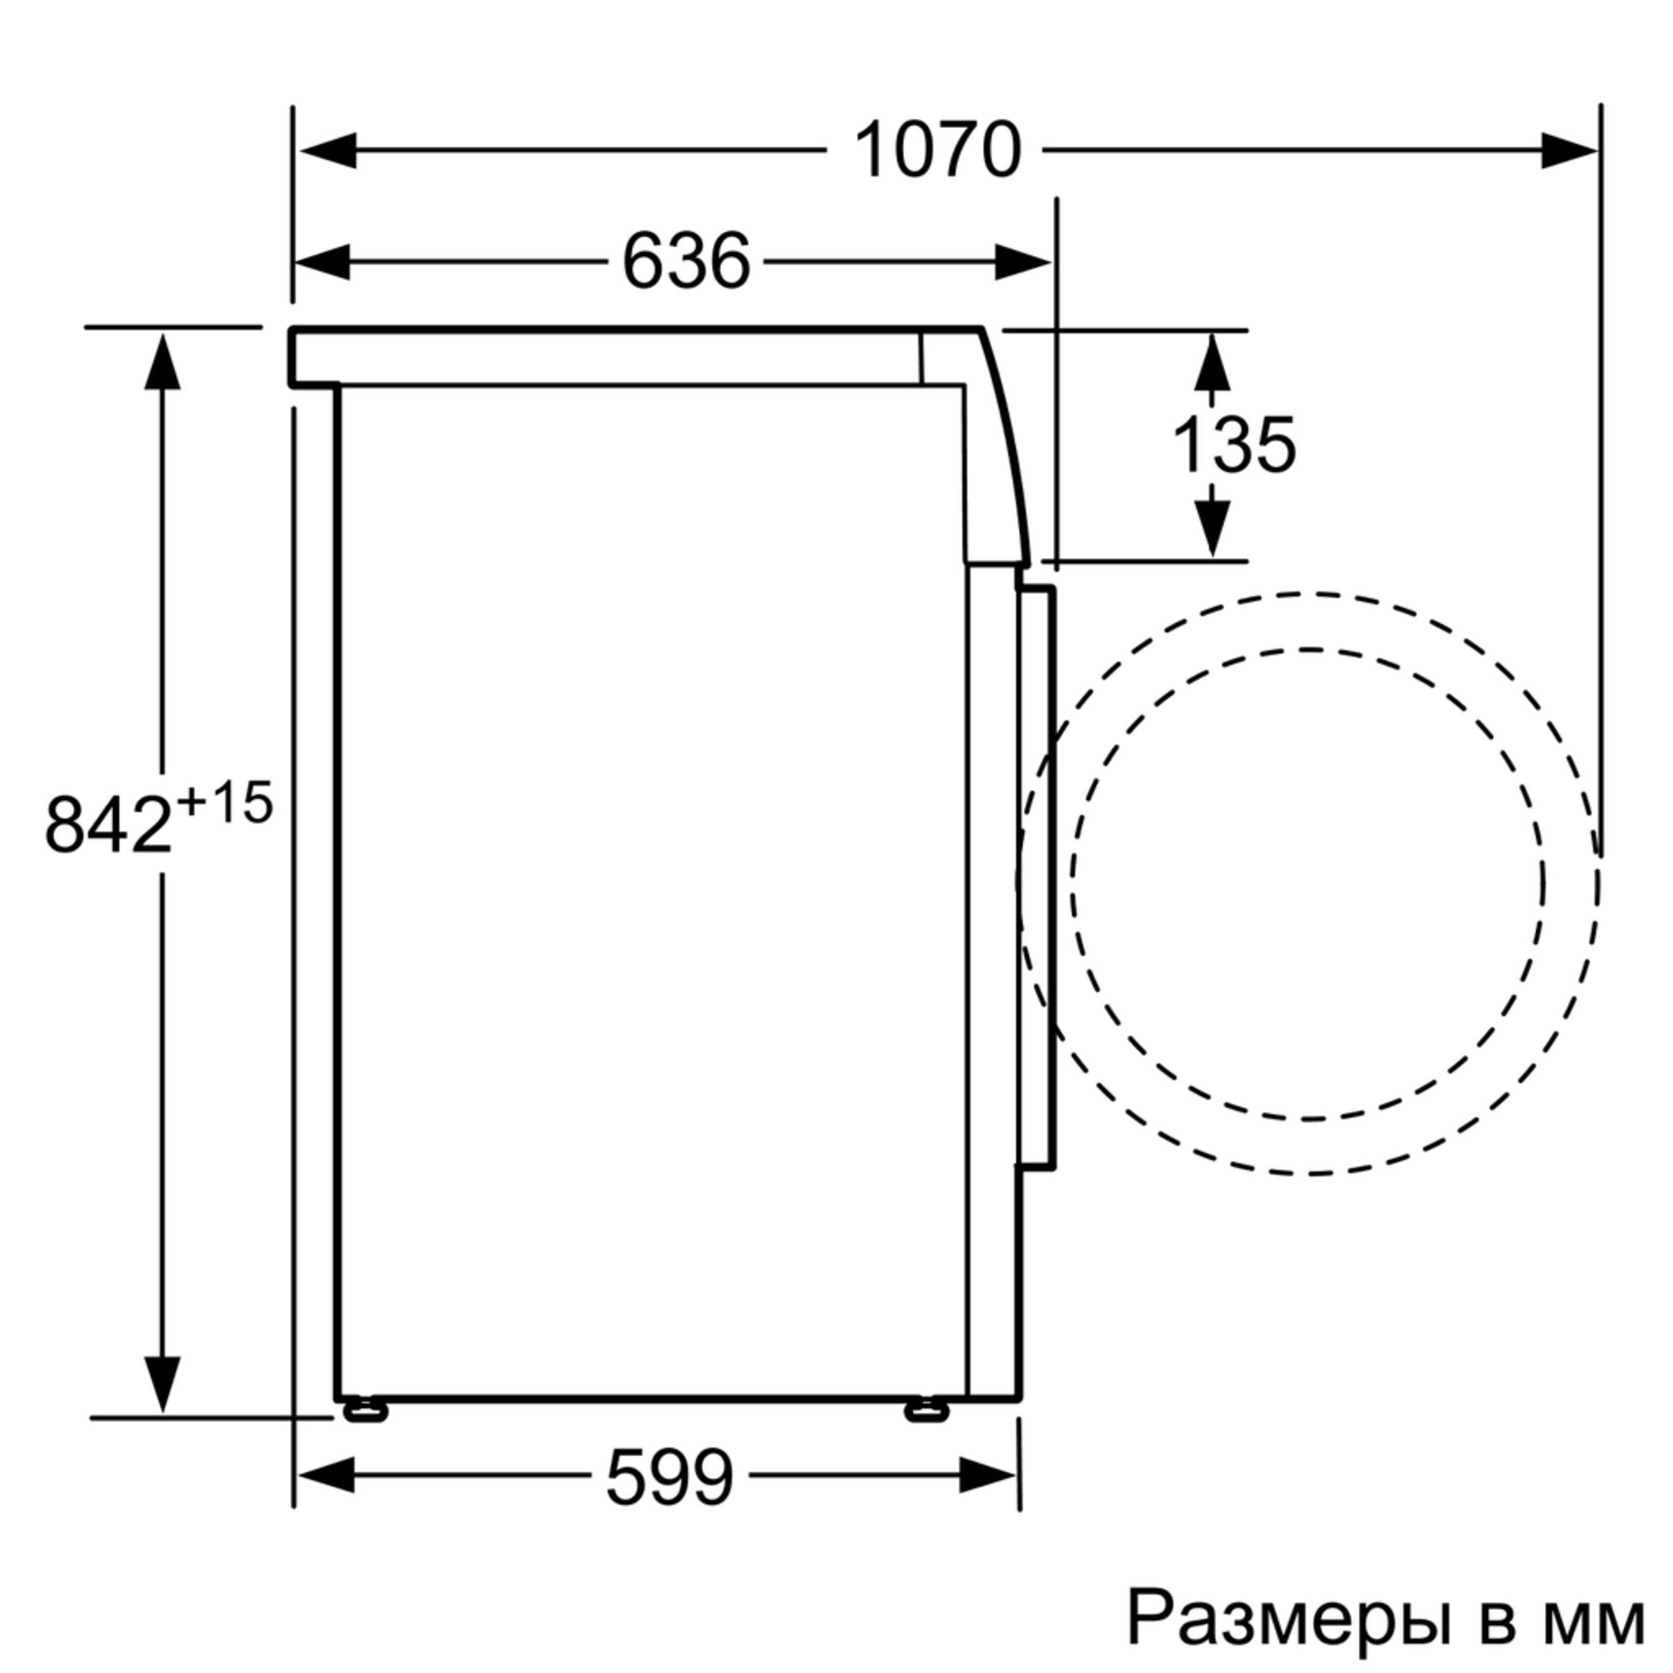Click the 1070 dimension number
pyautogui.click(x=937, y=151)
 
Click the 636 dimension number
pyautogui.click(x=686, y=262)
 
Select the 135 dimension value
pyautogui.click(x=1233, y=447)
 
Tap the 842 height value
pyautogui.click(x=108, y=826)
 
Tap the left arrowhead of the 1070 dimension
pyautogui.click(x=329, y=151)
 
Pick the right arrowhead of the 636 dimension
pyautogui.click(x=1022, y=262)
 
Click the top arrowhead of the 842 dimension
pyautogui.click(x=162, y=362)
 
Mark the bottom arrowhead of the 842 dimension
pyautogui.click(x=162, y=1382)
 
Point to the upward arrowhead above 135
pyautogui.click(x=1211, y=362)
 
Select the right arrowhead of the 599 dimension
pyautogui.click(x=987, y=1476)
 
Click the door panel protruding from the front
pyautogui.click(x=1036, y=879)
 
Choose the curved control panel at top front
pyautogui.click(x=995, y=450)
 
